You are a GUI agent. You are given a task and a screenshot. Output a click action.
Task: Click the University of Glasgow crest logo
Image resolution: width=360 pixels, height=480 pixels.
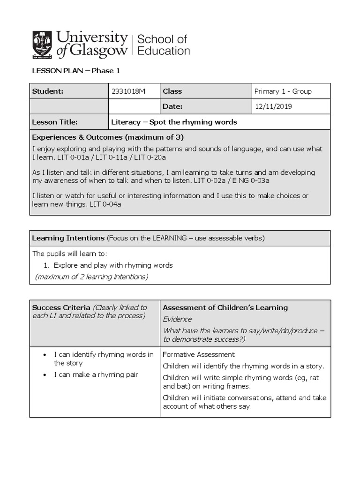(42, 45)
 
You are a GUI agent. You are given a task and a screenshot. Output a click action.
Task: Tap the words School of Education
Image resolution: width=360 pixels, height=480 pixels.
(163, 45)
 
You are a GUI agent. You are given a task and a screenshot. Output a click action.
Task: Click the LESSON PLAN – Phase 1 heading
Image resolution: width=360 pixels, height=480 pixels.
(76, 71)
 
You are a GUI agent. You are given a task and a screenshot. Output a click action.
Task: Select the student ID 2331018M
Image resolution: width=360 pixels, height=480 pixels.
(128, 91)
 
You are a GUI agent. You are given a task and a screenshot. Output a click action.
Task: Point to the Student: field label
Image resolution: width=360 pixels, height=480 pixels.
(47, 91)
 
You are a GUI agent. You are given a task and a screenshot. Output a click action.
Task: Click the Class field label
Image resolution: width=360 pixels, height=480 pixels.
(172, 91)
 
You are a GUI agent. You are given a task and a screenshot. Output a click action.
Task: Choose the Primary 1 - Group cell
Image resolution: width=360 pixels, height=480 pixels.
(283, 91)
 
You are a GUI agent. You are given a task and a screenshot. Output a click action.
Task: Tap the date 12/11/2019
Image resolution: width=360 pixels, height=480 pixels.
(273, 106)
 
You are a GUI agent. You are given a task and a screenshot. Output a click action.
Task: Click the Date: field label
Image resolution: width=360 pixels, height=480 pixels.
(172, 106)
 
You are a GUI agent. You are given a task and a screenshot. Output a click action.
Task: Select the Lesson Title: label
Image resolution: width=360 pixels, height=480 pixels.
(55, 122)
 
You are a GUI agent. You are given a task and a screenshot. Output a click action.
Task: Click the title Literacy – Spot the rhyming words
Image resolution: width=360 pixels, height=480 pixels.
(174, 122)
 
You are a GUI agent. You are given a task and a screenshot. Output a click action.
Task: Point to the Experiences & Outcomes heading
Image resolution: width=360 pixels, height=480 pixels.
(107, 137)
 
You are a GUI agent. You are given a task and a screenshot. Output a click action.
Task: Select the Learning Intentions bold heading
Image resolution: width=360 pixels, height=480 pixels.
(68, 238)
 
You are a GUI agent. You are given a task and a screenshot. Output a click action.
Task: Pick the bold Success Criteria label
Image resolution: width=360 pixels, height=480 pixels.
(61, 307)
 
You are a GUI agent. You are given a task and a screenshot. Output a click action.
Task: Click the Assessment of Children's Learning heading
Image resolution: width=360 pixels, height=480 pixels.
(225, 307)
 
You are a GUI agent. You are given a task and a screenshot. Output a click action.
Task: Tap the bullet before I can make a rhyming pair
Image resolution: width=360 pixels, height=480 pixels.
(44, 375)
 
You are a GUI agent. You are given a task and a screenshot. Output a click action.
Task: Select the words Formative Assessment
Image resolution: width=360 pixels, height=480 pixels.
(199, 355)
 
